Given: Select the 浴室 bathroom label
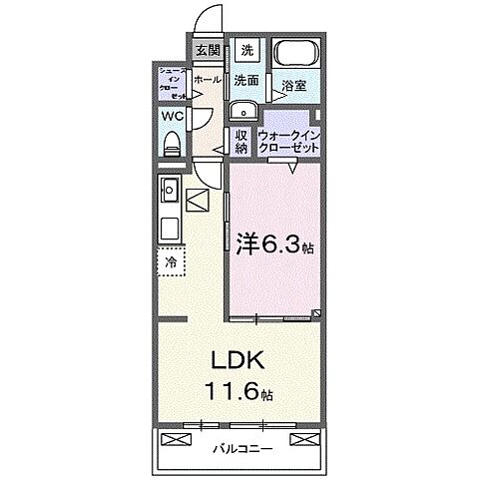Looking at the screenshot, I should [x=293, y=88].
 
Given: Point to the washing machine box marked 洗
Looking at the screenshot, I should [x=246, y=50].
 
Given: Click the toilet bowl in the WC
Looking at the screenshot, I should [x=171, y=141].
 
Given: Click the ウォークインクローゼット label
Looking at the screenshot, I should [x=288, y=139].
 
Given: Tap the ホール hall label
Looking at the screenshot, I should [x=207, y=80].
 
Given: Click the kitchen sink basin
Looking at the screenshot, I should [x=169, y=190].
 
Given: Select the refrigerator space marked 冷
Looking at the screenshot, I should [x=171, y=261].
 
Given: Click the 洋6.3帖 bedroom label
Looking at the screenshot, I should [x=271, y=242].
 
